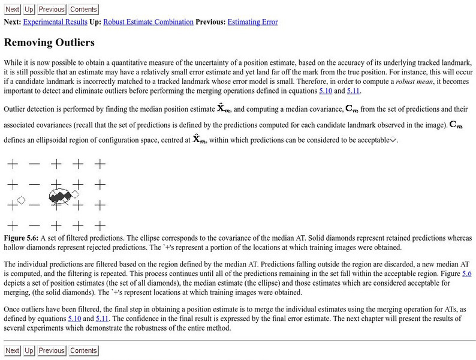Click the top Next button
coord(13,10)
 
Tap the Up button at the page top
coord(29,10)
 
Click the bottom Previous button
coord(52,350)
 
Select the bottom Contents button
coord(83,350)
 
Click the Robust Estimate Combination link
coord(148,22)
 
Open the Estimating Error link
coord(252,22)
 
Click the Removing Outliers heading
coord(49,43)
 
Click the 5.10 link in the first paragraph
coord(326,91)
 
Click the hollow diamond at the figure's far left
coord(21,200)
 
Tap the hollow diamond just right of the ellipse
coord(76,194)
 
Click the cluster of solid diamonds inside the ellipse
coord(59,196)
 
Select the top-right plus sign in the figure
coord(100,163)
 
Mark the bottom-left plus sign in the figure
coord(13,226)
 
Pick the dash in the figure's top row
coord(35,163)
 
